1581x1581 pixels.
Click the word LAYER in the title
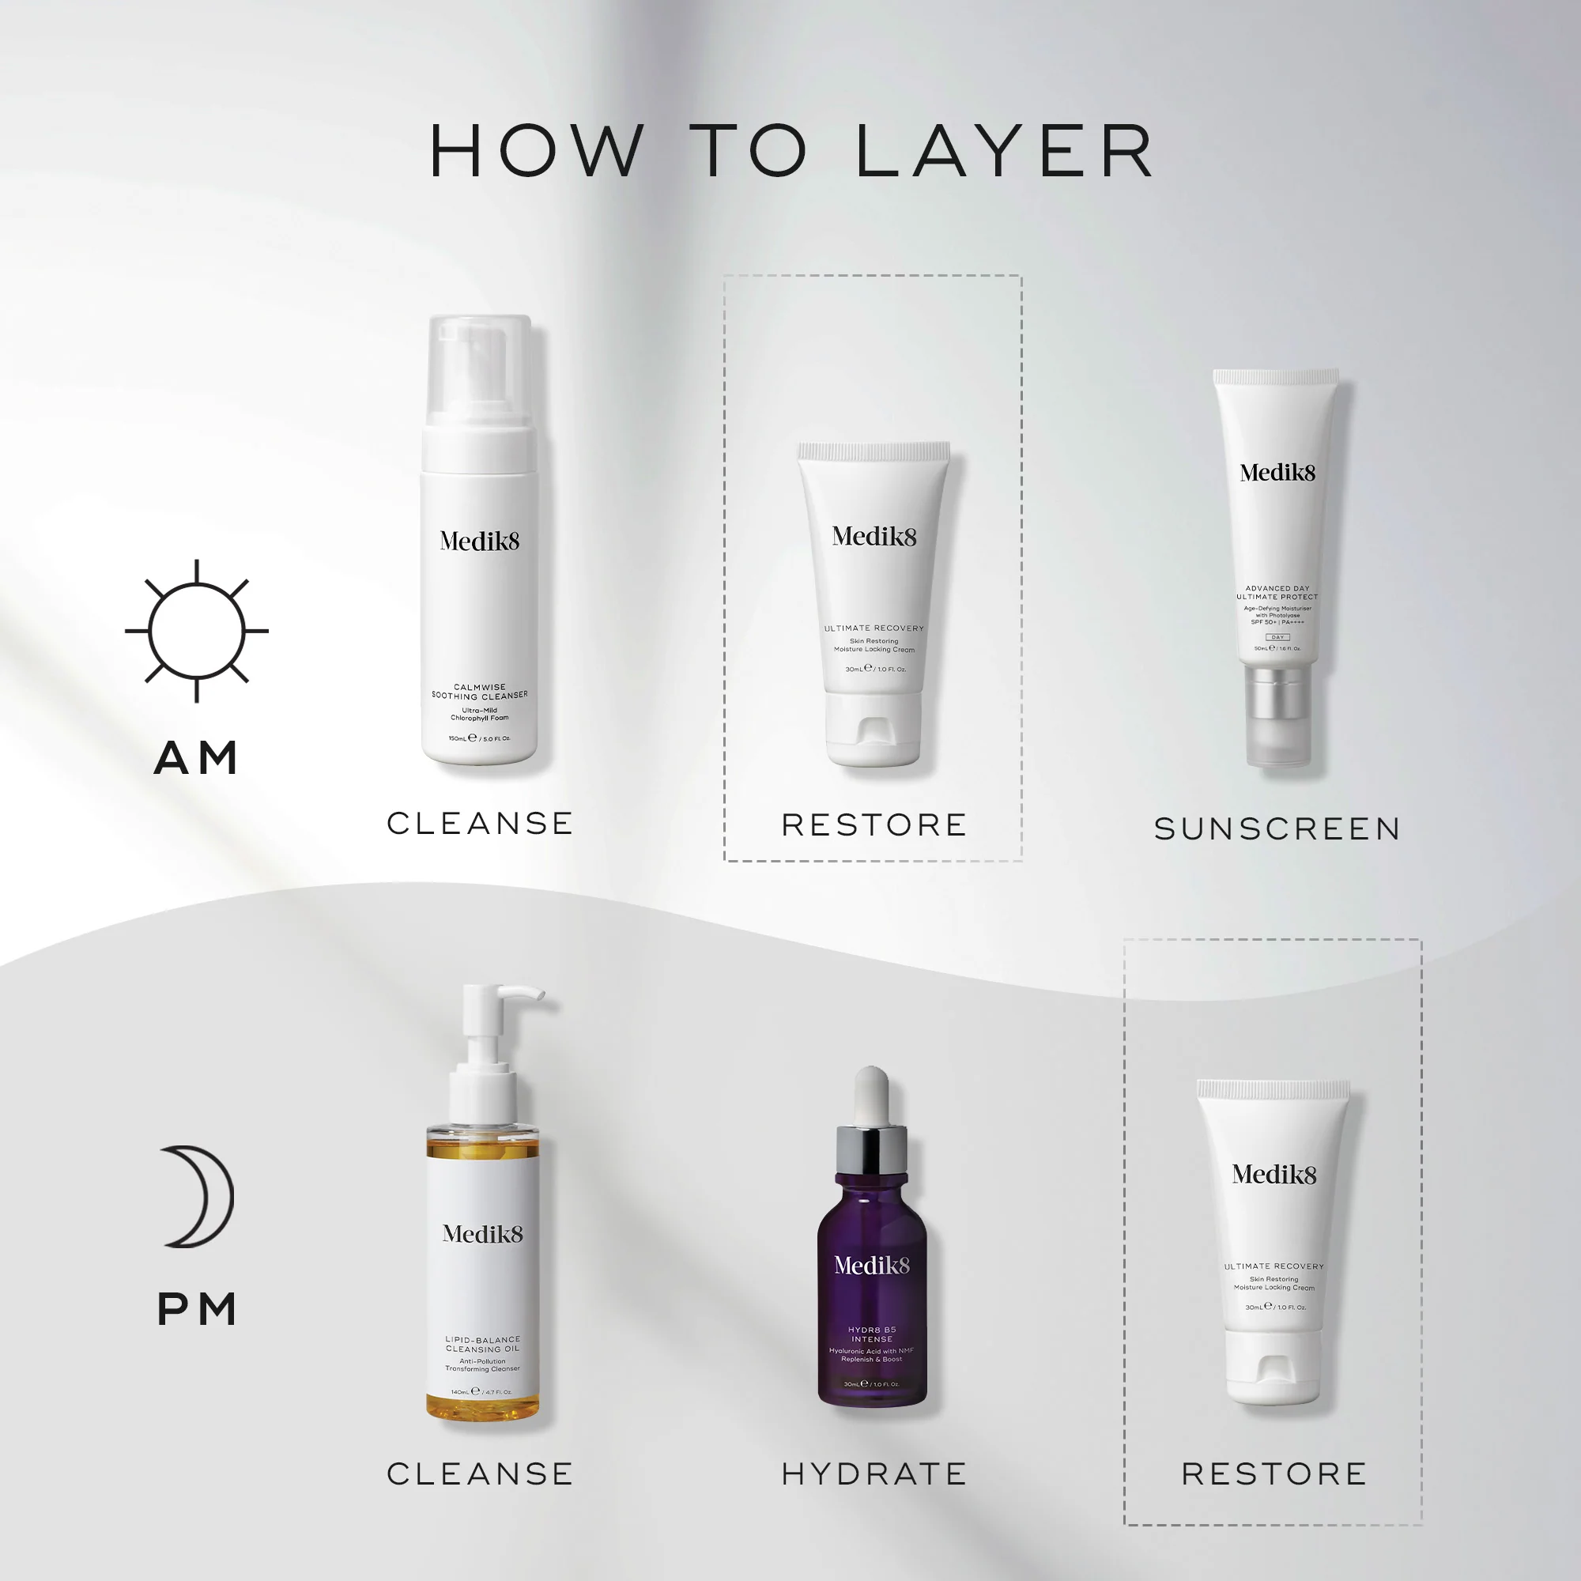(x=1005, y=152)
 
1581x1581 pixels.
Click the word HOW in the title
(x=536, y=152)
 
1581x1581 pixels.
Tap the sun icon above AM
(x=196, y=631)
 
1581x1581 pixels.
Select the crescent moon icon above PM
(x=199, y=1196)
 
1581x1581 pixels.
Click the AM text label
(x=196, y=758)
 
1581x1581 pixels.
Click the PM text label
(x=196, y=1308)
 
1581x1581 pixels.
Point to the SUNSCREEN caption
(x=1277, y=829)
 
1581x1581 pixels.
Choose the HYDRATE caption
(x=874, y=1473)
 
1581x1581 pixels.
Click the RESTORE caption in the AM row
(x=874, y=824)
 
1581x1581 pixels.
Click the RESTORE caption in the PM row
(x=1274, y=1473)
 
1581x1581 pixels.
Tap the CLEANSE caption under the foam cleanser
(x=481, y=823)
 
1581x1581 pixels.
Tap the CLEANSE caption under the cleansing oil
(x=481, y=1473)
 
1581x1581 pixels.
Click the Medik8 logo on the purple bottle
(x=871, y=1265)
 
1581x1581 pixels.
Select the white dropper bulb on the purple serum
(x=871, y=1095)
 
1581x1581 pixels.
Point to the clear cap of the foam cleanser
(x=481, y=376)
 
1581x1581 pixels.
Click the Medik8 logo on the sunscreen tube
(x=1277, y=472)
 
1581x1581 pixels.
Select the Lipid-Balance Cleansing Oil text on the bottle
(x=483, y=1345)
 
